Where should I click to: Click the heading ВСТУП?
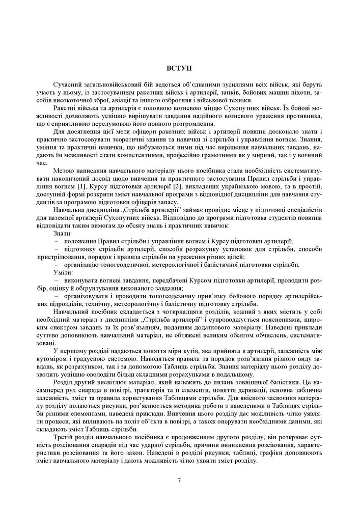pos(180,68)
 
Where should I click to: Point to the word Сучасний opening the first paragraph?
pos(67,83)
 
